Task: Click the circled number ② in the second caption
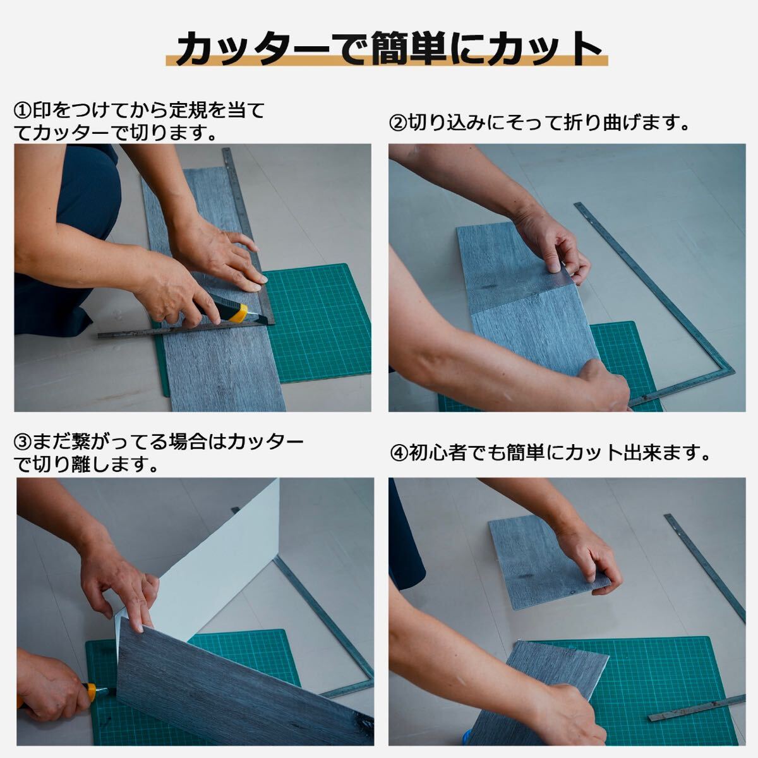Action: coord(398,123)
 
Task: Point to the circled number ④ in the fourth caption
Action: coord(399,453)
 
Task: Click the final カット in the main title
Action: coord(548,49)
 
